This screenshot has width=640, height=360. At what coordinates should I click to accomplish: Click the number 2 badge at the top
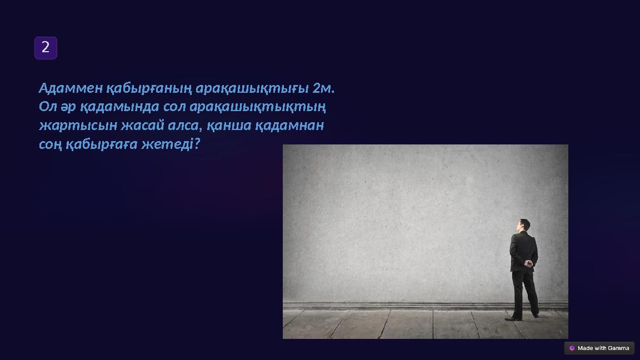(46, 48)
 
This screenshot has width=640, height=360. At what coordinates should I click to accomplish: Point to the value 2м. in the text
(324, 88)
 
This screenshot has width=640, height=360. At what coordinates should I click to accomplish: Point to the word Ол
(48, 107)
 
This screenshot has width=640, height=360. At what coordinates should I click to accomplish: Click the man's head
(523, 224)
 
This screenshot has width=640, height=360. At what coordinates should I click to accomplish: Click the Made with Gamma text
(603, 348)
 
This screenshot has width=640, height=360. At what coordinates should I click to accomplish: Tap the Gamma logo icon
(572, 348)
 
